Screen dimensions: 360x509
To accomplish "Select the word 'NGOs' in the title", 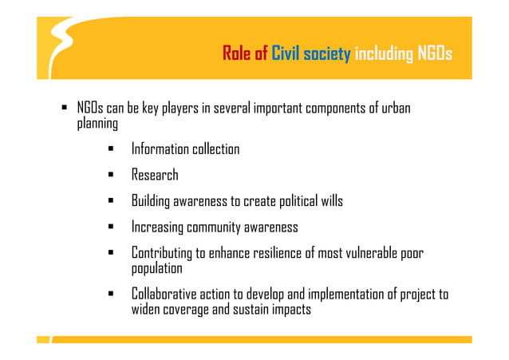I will pyautogui.click(x=434, y=54).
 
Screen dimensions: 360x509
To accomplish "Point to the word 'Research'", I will pyautogui.click(x=155, y=175).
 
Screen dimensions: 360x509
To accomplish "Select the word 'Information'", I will pyautogui.click(x=160, y=149).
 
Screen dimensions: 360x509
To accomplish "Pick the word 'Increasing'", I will pyautogui.click(x=158, y=227).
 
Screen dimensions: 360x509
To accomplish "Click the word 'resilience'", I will pyautogui.click(x=276, y=253).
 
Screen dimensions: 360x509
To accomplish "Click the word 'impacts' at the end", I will pyautogui.click(x=288, y=309).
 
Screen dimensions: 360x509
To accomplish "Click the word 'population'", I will pyautogui.click(x=157, y=268).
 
